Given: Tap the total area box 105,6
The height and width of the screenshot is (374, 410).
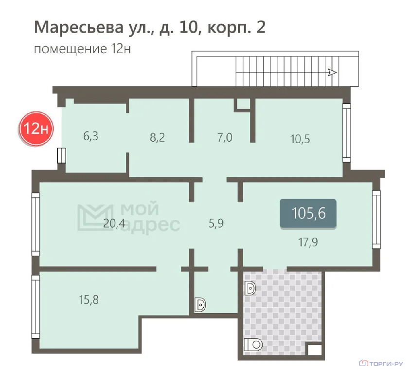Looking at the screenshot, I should point(308,213).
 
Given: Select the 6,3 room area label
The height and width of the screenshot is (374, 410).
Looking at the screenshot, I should point(90,136).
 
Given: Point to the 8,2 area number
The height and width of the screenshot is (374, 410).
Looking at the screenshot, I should point(158,137).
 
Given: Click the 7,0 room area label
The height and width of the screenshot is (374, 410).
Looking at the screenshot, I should point(224,137).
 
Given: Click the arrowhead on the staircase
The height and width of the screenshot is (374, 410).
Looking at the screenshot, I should point(332,73).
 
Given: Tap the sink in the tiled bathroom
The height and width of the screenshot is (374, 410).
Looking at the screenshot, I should point(251,289).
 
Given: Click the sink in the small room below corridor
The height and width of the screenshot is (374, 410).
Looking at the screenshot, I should point(200,305).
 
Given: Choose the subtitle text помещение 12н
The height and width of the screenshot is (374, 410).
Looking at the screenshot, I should point(83,49).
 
